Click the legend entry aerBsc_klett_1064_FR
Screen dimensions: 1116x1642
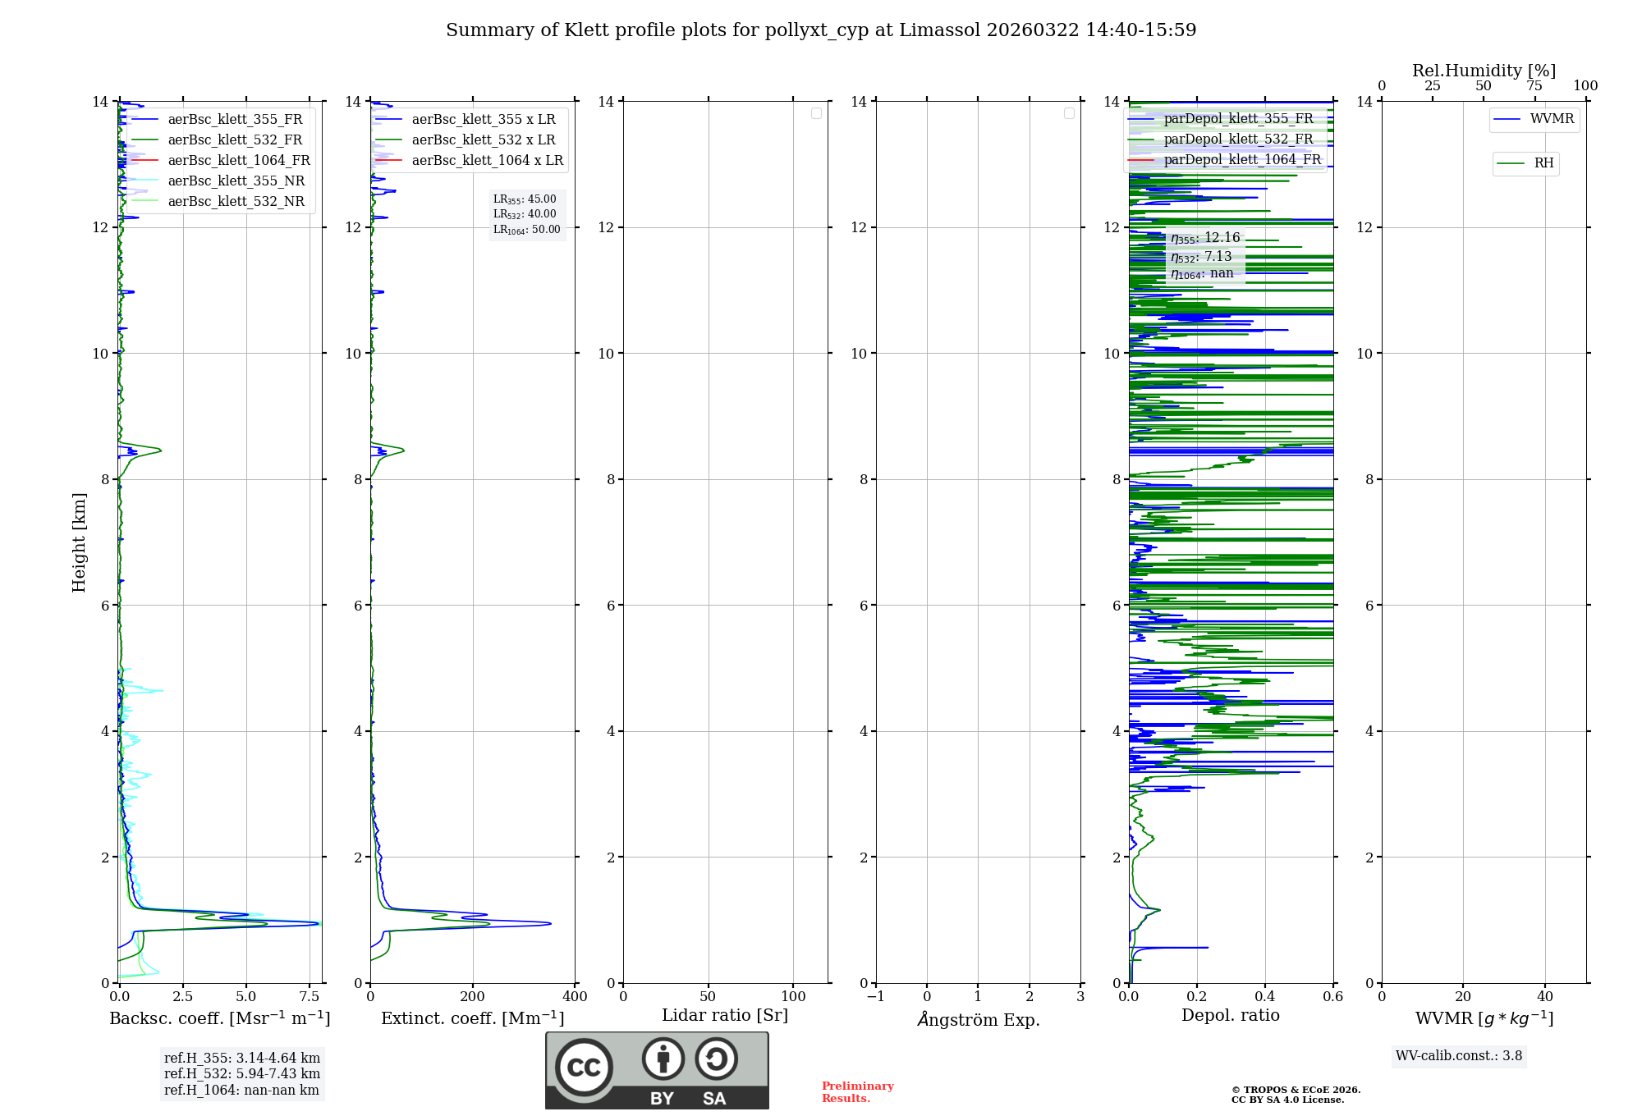coord(238,161)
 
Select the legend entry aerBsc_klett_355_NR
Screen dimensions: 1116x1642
coord(236,181)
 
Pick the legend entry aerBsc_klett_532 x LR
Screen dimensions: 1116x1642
coord(483,140)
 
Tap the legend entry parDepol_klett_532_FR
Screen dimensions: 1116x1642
coord(1238,139)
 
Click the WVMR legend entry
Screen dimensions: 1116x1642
coord(1551,119)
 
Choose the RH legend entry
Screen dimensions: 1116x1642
coord(1543,163)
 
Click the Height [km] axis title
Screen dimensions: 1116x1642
coord(79,542)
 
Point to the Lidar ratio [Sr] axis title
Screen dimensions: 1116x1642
coord(725,1016)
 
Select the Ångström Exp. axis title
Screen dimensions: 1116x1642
coord(979,1020)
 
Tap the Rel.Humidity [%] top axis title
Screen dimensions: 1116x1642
coord(1484,71)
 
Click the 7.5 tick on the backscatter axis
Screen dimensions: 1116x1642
coord(310,997)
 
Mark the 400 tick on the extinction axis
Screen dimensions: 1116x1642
coord(575,997)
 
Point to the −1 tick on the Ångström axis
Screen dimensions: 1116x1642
coord(876,997)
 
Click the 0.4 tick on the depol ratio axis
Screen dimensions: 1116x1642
coord(1265,997)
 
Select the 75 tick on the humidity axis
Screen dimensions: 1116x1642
coord(1534,86)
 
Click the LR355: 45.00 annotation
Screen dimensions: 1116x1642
coord(525,199)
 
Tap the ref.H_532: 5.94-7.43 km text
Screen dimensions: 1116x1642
coord(242,1074)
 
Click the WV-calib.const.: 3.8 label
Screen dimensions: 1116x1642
coord(1459,1056)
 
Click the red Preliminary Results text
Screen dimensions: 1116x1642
coord(857,1092)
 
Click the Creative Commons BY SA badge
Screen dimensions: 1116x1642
coord(657,1071)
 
